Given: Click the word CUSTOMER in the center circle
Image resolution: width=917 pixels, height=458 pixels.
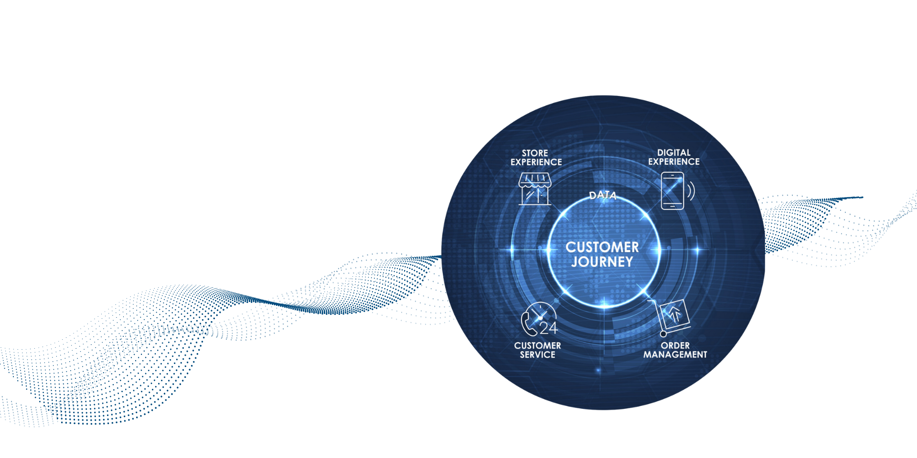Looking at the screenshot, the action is click(602, 247).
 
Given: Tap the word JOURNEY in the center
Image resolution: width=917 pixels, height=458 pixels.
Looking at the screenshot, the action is click(602, 262).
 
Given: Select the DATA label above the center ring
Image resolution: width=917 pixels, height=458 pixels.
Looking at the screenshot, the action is click(603, 195).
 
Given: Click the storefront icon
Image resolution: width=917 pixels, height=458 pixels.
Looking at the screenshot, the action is click(535, 189).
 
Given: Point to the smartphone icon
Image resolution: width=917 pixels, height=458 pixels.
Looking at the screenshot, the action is click(672, 191).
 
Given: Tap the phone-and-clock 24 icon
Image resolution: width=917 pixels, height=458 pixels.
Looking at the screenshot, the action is click(539, 319).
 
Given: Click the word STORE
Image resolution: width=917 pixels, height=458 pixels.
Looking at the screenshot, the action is click(535, 153).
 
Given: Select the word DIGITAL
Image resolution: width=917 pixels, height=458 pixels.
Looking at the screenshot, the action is click(674, 153).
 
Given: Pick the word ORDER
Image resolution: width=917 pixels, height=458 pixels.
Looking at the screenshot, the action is click(675, 345).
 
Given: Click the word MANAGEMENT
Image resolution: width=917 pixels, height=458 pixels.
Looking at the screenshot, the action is click(675, 354).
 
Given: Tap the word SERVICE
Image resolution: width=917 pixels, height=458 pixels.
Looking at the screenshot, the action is click(538, 354).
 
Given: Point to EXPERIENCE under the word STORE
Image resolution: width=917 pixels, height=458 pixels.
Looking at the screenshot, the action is click(536, 162).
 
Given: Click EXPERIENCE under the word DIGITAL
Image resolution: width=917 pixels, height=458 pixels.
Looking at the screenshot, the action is click(674, 162).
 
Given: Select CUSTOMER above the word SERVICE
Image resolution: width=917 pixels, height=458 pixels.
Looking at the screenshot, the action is click(538, 345).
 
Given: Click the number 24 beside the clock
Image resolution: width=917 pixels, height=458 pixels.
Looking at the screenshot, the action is click(549, 328).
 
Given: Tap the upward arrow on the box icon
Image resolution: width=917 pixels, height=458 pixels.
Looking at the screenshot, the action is click(675, 314).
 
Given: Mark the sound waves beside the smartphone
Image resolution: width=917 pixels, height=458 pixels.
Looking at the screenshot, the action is click(691, 191).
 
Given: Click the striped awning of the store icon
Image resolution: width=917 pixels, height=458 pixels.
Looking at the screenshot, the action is click(535, 180).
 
